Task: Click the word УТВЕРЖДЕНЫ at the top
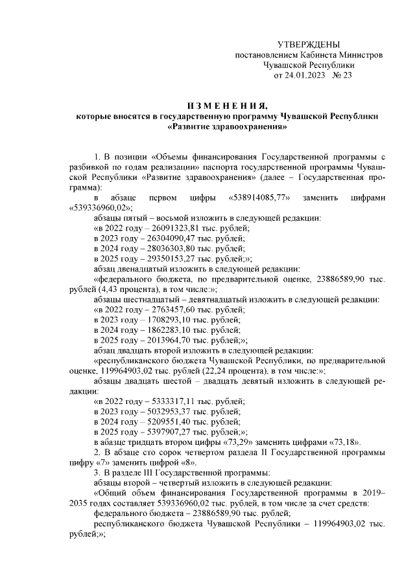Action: [x=308, y=44]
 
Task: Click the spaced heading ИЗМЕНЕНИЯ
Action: [x=225, y=106]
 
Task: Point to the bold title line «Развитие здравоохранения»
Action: [x=226, y=128]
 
